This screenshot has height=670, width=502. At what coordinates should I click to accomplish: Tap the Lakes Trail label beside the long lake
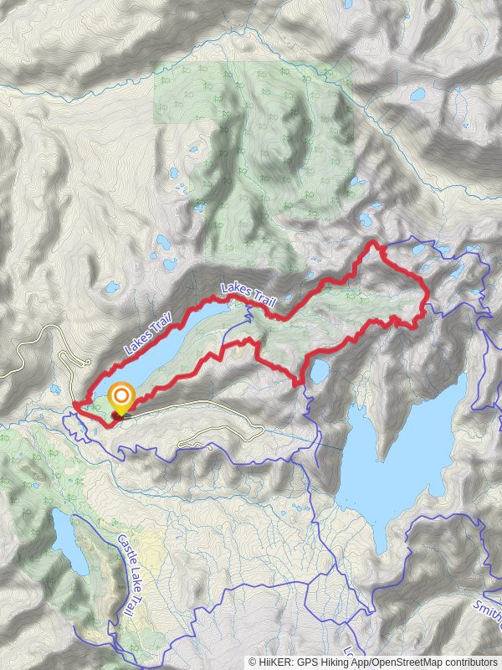coord(147,332)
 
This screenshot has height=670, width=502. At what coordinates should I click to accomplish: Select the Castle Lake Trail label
coord(128,575)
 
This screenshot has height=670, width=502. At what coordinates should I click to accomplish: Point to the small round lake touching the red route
coord(319,371)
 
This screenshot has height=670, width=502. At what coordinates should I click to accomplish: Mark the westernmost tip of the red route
coord(74,405)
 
